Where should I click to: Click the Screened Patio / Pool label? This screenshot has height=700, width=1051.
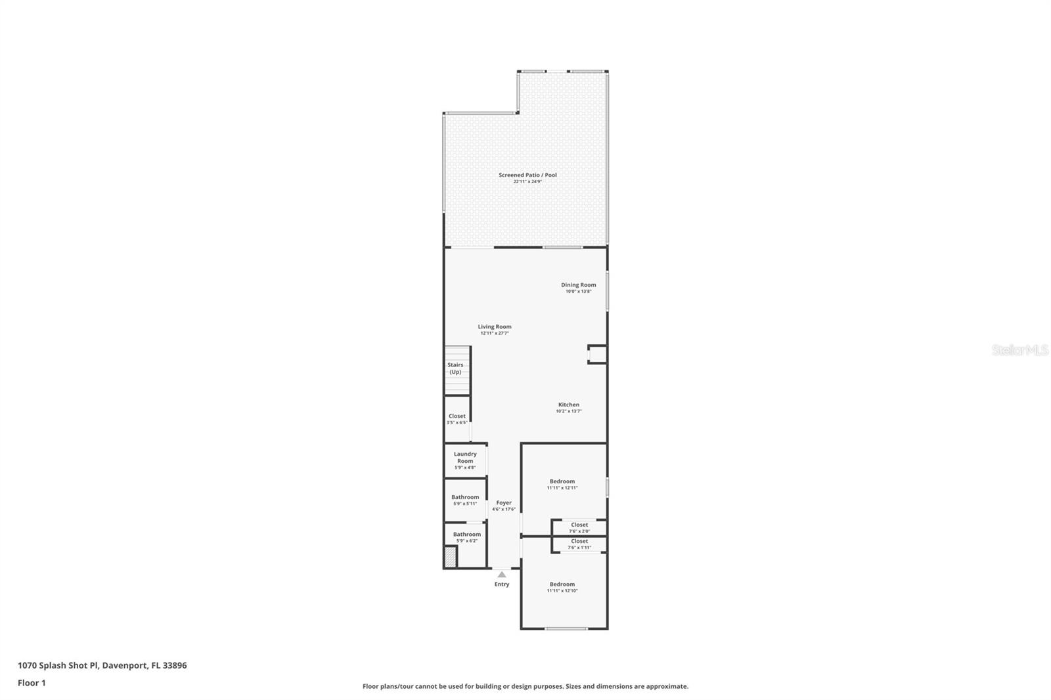(x=527, y=175)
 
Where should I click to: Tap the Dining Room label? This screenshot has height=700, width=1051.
(x=578, y=286)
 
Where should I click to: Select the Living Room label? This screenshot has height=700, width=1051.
(x=494, y=327)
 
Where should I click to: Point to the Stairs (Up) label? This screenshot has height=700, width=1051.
(x=455, y=368)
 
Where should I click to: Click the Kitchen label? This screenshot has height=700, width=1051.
(x=569, y=405)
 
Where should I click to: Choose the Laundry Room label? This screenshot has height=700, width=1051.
(x=465, y=458)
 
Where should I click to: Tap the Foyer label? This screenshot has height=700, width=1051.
(x=504, y=503)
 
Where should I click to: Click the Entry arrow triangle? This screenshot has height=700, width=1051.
(x=502, y=575)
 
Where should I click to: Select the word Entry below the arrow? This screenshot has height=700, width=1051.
(x=502, y=584)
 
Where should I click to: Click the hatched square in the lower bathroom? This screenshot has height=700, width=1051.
(x=451, y=557)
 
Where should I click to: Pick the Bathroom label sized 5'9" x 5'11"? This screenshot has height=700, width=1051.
(x=465, y=498)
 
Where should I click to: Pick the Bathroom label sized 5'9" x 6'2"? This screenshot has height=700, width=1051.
(x=466, y=535)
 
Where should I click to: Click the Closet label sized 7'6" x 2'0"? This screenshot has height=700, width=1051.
(x=579, y=525)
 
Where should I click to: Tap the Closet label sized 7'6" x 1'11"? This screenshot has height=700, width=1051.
(x=579, y=542)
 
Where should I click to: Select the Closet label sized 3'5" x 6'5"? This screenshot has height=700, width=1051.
(x=457, y=416)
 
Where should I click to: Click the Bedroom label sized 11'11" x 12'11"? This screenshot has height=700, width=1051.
(x=562, y=482)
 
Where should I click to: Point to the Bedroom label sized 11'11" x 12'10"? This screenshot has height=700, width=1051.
(x=562, y=584)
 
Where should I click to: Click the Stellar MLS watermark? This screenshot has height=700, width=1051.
(x=1020, y=351)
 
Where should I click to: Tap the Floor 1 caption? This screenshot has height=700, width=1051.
(x=32, y=683)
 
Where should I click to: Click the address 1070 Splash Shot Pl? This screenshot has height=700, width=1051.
(x=58, y=665)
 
